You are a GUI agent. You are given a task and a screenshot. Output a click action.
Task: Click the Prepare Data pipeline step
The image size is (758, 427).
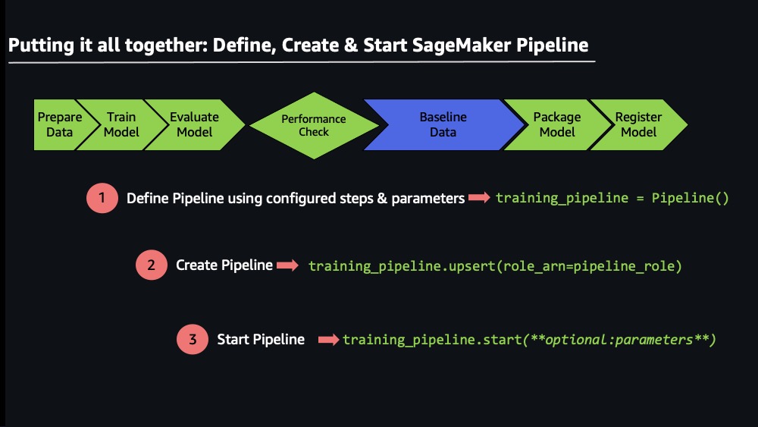click(x=59, y=125)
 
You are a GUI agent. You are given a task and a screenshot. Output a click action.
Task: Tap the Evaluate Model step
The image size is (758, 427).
click(x=194, y=125)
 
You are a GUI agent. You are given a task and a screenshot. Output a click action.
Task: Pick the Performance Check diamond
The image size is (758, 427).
click(x=314, y=125)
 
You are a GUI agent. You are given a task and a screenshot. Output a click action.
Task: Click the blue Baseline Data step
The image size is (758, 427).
click(x=443, y=125)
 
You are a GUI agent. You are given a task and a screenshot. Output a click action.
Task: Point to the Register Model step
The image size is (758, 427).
click(x=638, y=125)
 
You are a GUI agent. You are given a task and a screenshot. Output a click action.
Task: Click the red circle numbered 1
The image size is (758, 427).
click(x=102, y=198)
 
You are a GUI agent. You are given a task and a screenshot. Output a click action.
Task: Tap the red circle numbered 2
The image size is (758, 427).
click(x=152, y=265)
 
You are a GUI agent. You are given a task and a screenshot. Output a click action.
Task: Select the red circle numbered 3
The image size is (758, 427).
click(x=193, y=339)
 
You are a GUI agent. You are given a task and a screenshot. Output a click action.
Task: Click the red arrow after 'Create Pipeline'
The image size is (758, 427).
click(x=287, y=265)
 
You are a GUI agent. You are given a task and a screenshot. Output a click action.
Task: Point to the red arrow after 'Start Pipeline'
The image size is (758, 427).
click(x=329, y=340)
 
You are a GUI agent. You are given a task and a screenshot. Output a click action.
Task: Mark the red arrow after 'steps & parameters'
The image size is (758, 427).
click(x=479, y=197)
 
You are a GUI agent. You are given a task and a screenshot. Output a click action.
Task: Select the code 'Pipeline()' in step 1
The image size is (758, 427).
click(x=690, y=198)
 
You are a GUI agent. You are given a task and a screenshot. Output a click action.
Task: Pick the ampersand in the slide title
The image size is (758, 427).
click(x=351, y=45)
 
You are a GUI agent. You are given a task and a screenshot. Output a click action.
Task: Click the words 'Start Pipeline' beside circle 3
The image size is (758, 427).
click(x=261, y=340)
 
